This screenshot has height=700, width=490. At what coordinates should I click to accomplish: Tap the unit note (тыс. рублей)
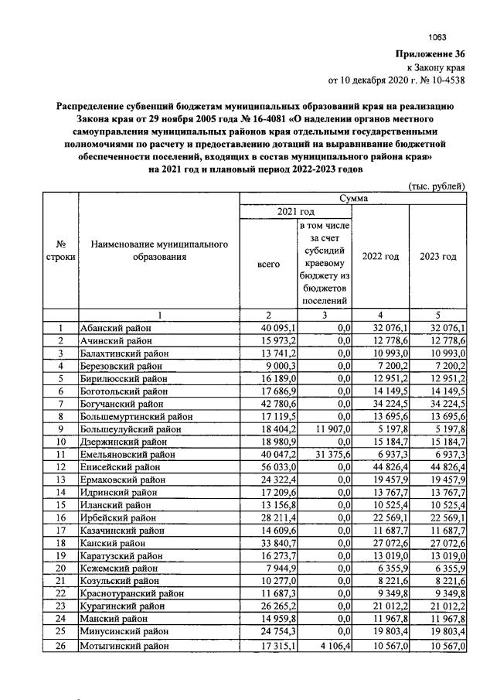click(436, 186)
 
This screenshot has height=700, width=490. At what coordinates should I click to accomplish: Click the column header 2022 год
click(380, 257)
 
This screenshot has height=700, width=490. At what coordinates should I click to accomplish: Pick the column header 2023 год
click(438, 257)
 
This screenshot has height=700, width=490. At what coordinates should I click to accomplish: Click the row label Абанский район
click(116, 328)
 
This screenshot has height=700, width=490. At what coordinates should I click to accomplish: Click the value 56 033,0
click(268, 466)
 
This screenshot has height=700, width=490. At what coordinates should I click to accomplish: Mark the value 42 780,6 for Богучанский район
click(268, 403)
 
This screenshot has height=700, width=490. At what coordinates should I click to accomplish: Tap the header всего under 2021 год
click(267, 264)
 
